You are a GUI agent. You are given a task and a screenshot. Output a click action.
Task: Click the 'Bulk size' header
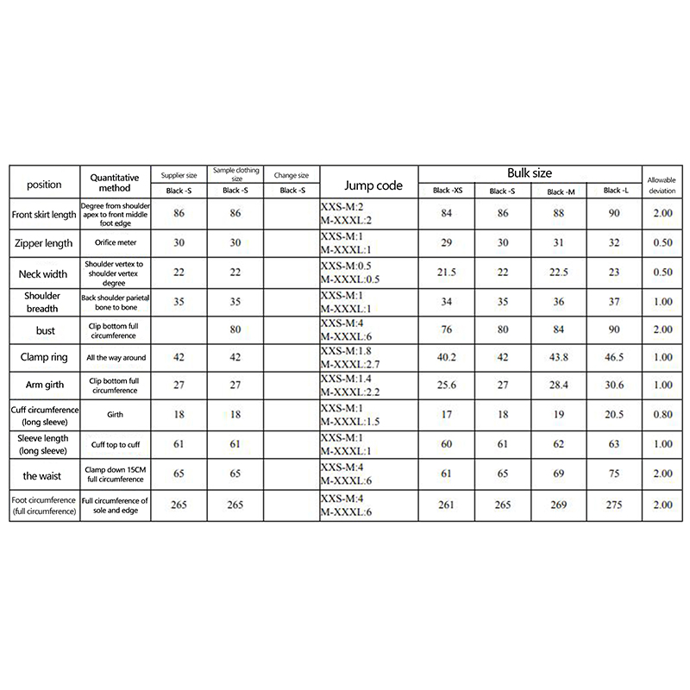pos(530,173)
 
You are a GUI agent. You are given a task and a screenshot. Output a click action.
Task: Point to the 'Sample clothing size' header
pos(235,175)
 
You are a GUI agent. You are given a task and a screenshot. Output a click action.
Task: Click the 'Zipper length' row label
pos(44,243)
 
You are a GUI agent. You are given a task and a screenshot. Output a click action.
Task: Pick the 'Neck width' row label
pos(44,273)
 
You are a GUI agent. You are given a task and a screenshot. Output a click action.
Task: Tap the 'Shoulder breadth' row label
pos(44,303)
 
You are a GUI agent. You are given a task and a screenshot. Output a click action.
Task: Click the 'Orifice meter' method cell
pos(115,243)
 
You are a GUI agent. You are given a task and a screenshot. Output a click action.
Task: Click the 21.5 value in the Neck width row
pos(448,273)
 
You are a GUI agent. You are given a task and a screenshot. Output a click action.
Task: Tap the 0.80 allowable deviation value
pos(662,414)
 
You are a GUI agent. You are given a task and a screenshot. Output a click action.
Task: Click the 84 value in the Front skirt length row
pos(448,212)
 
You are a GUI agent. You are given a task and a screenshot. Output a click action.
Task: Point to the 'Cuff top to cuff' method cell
pos(115,443)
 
